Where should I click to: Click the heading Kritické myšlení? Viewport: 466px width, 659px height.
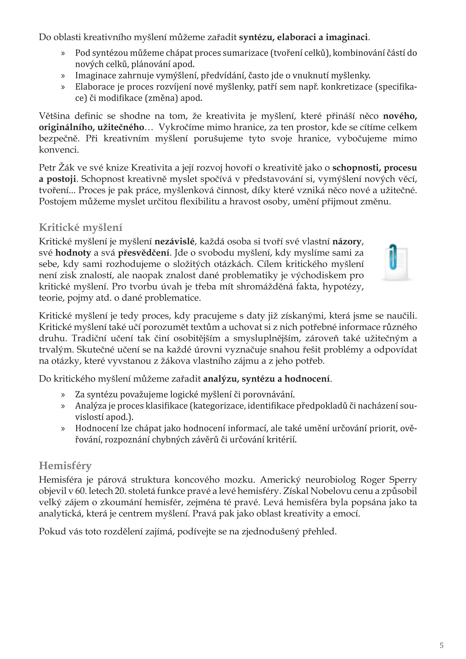[81, 227]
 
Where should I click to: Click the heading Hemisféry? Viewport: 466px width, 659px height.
[65, 465]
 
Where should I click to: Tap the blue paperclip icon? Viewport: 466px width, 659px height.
[393, 257]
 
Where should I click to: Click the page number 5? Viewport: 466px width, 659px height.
[441, 646]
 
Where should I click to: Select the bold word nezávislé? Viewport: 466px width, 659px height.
[175, 241]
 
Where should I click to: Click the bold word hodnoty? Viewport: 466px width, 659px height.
[73, 253]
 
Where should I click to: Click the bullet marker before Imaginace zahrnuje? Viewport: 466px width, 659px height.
[63, 76]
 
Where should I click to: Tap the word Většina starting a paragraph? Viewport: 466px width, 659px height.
[54, 116]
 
